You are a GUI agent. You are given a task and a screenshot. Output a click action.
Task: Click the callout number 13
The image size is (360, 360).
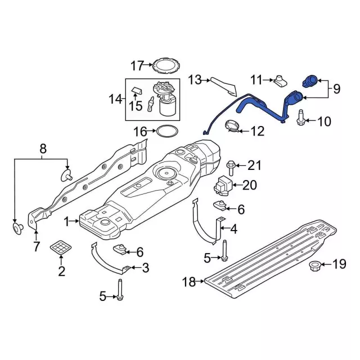(194, 80)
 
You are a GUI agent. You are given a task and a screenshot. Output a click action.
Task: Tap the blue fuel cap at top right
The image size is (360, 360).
(311, 81)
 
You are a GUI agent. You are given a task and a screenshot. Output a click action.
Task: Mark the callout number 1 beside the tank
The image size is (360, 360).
(67, 222)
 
